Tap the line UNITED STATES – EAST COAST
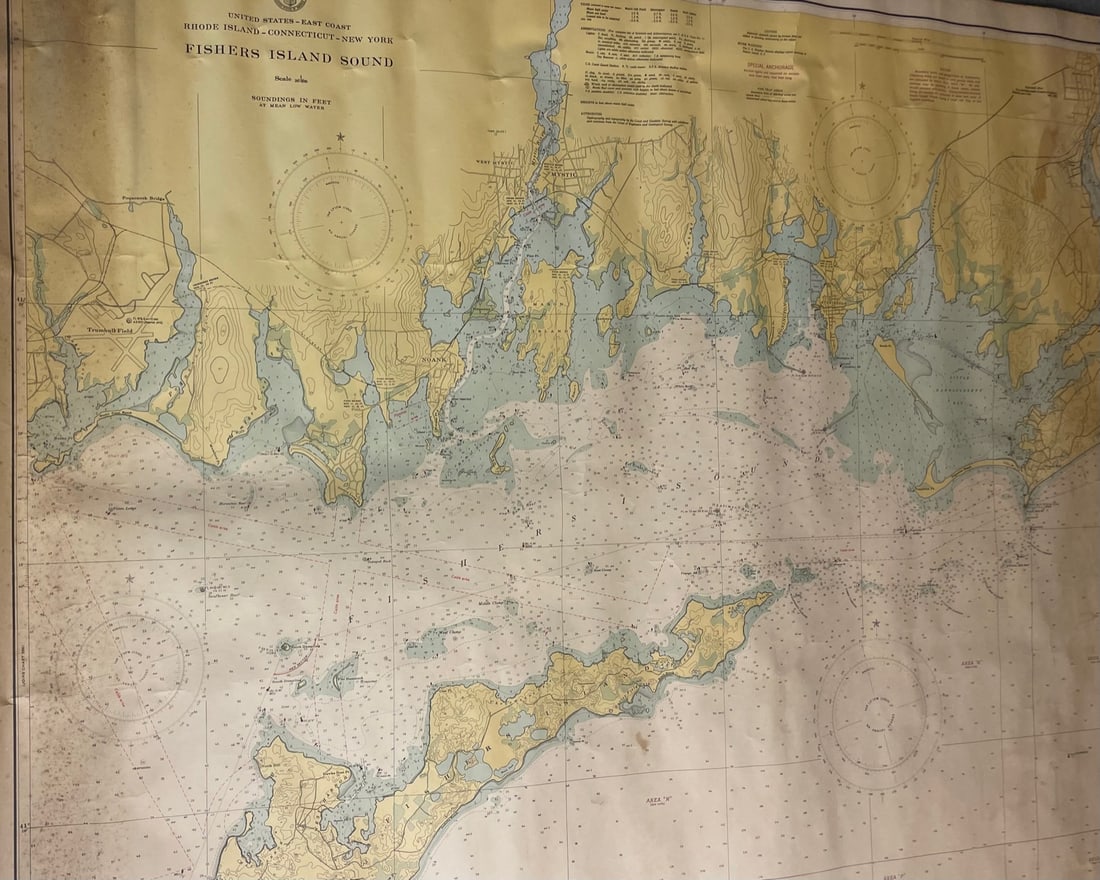[x=288, y=17]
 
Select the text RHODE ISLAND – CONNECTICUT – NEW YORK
[x=288, y=39]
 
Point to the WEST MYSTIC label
[x=492, y=162]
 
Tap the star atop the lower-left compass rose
[x=129, y=578]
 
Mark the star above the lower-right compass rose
[x=877, y=623]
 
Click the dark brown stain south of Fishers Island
[x=644, y=741]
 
